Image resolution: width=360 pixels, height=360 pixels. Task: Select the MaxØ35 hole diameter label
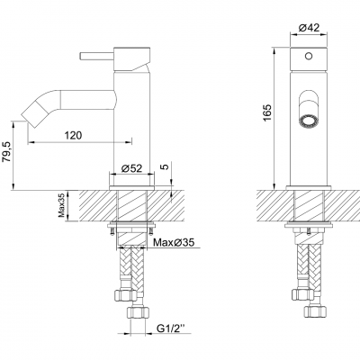[x=172, y=243]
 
